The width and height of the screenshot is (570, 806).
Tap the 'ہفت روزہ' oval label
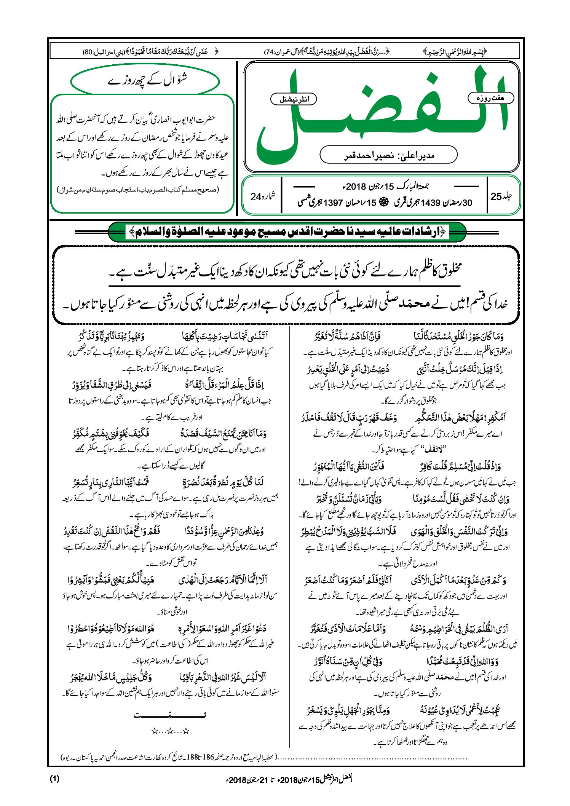490,98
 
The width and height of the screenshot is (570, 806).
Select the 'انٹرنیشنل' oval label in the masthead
294,99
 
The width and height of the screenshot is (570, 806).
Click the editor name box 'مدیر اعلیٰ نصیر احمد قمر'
388,155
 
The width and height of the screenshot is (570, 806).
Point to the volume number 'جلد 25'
501,196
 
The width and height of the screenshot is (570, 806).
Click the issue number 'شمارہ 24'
262,196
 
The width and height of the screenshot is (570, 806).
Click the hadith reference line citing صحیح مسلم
138,190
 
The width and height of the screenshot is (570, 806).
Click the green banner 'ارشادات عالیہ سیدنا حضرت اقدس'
287,232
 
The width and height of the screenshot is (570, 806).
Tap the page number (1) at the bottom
54,779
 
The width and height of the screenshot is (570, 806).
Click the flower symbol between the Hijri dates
384,203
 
